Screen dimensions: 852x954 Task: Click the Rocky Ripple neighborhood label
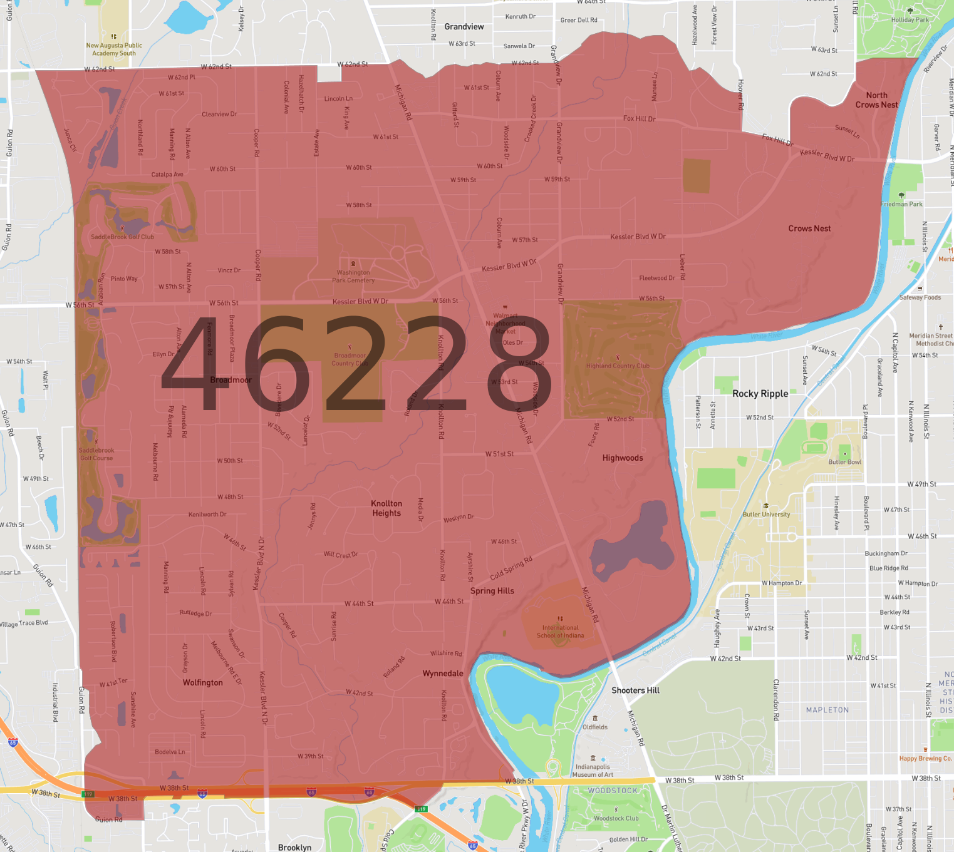[x=760, y=394]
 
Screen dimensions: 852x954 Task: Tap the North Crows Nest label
[x=876, y=100]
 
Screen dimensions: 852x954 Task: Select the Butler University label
[x=766, y=515]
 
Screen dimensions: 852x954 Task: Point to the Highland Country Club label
[x=618, y=366]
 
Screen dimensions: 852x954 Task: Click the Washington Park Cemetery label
[x=353, y=276]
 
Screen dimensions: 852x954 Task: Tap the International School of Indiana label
[x=560, y=631]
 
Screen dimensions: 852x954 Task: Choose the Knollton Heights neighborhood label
[x=386, y=508]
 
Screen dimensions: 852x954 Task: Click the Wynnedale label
[x=443, y=674]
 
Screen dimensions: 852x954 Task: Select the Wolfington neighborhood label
[x=202, y=682]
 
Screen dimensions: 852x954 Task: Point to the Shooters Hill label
[x=635, y=690]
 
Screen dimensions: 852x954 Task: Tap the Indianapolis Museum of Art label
[x=593, y=771]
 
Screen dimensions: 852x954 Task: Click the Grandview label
[x=464, y=27]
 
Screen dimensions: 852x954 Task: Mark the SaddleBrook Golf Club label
[x=122, y=237]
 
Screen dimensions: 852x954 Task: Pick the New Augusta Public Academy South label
[x=114, y=49]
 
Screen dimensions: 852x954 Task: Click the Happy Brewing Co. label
[x=925, y=758]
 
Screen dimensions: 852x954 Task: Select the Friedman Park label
[x=901, y=204]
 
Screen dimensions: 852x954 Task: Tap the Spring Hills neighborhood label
[x=492, y=591]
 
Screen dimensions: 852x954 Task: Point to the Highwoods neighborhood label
[x=623, y=458]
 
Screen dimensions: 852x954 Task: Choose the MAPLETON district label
[x=827, y=710]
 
